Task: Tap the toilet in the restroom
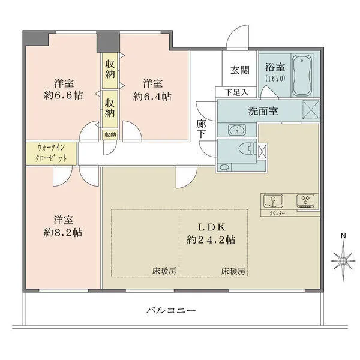244,149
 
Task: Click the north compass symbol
343,259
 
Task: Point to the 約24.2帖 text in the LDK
209,239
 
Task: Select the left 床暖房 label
164,271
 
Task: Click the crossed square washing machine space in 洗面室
313,110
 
